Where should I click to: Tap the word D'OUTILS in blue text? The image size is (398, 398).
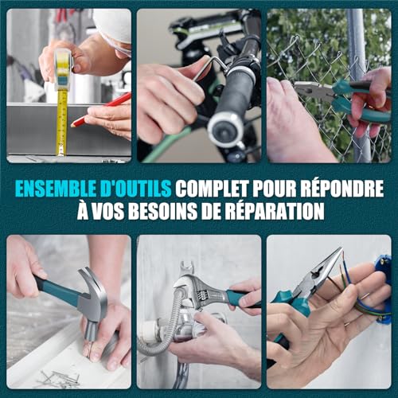(x=133, y=189)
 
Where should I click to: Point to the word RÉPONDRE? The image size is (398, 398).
(x=342, y=188)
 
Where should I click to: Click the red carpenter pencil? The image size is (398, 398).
(x=101, y=109)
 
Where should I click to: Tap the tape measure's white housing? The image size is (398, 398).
(x=63, y=69)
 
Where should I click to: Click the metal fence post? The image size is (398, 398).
(x=361, y=85)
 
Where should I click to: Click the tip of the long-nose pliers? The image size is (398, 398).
(x=341, y=249)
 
